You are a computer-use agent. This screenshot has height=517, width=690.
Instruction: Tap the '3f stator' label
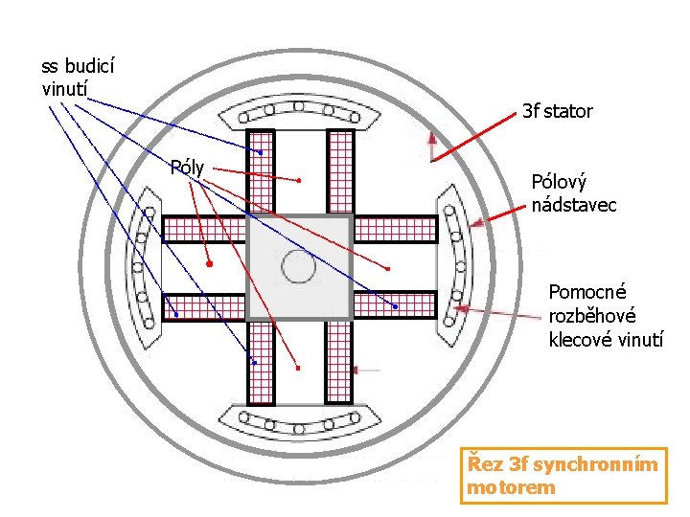click(x=557, y=112)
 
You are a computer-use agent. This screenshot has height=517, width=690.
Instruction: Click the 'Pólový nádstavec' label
click(x=573, y=193)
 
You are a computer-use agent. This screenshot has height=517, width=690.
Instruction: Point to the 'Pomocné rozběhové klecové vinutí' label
click(x=605, y=315)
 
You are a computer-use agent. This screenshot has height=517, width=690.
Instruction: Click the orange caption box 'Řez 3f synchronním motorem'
click(x=563, y=476)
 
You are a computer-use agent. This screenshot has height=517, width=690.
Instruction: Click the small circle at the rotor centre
click(x=298, y=267)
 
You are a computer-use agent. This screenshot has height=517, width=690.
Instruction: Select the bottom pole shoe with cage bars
click(x=298, y=419)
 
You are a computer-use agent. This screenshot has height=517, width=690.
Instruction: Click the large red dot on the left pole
click(x=209, y=262)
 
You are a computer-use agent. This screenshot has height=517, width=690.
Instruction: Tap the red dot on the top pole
click(x=299, y=181)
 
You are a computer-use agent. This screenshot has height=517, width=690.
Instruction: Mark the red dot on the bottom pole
click(x=298, y=368)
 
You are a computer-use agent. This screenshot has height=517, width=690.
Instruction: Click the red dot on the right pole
click(x=389, y=268)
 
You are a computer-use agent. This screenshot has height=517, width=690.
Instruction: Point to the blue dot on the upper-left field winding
click(x=260, y=151)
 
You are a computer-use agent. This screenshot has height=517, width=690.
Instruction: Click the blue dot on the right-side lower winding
click(x=395, y=306)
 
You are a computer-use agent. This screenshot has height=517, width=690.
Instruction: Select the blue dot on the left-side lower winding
click(x=176, y=314)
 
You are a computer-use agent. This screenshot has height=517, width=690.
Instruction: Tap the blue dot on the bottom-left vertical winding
click(x=254, y=362)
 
